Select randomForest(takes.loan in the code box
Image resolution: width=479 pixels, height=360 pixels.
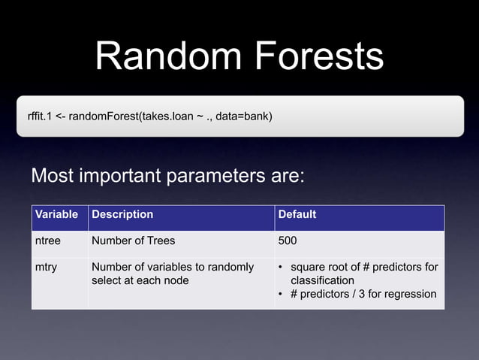(135, 116)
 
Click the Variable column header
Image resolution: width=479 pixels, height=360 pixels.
(56, 215)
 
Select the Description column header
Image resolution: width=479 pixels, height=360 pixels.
(122, 215)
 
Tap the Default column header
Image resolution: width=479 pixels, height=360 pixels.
(297, 215)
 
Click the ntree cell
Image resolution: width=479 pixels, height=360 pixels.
(48, 241)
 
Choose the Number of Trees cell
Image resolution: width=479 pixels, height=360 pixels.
(133, 241)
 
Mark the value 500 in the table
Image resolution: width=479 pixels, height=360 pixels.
(288, 241)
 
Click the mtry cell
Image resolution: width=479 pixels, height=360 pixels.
(46, 267)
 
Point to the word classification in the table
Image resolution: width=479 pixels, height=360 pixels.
(322, 280)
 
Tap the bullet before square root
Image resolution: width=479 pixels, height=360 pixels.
(281, 268)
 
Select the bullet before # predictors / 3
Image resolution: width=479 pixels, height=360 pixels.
(281, 294)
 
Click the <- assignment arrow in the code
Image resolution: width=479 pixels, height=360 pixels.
(60, 116)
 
